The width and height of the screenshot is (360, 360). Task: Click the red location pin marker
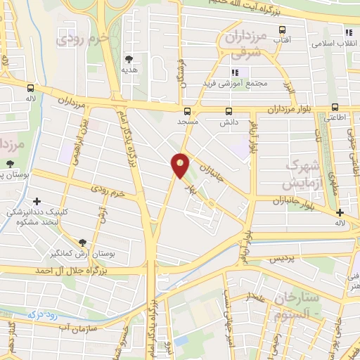[181, 165]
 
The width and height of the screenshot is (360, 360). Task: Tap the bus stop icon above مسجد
[187, 111]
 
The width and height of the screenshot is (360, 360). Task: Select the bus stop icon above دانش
[229, 111]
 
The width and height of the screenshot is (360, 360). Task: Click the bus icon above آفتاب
[283, 30]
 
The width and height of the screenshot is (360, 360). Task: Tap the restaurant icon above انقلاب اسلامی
[349, 32]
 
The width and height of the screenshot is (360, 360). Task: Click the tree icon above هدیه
[129, 60]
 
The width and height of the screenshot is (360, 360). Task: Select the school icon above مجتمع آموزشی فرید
[236, 72]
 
